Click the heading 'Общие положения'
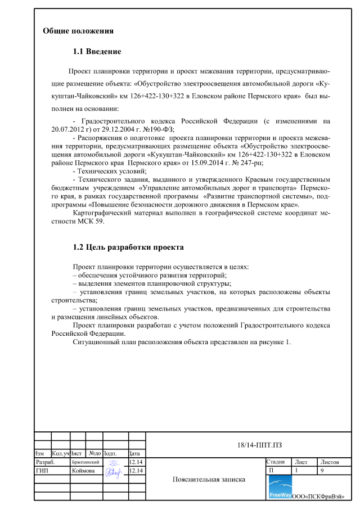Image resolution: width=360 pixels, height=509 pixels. [x=78, y=30]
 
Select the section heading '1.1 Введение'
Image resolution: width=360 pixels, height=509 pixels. [x=97, y=52]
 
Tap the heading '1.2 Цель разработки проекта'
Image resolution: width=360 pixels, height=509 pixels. [x=128, y=247]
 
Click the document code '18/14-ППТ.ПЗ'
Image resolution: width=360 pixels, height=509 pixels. [x=259, y=446]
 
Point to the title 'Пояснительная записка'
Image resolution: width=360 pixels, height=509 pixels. [x=209, y=480]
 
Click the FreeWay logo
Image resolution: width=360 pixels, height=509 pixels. [x=280, y=487]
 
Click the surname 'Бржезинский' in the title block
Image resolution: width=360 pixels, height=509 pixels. [x=85, y=462]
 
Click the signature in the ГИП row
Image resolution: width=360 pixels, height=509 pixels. [x=114, y=471]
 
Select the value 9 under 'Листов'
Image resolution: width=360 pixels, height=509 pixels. [x=322, y=470]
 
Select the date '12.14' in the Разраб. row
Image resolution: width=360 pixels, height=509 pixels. [x=136, y=462]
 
